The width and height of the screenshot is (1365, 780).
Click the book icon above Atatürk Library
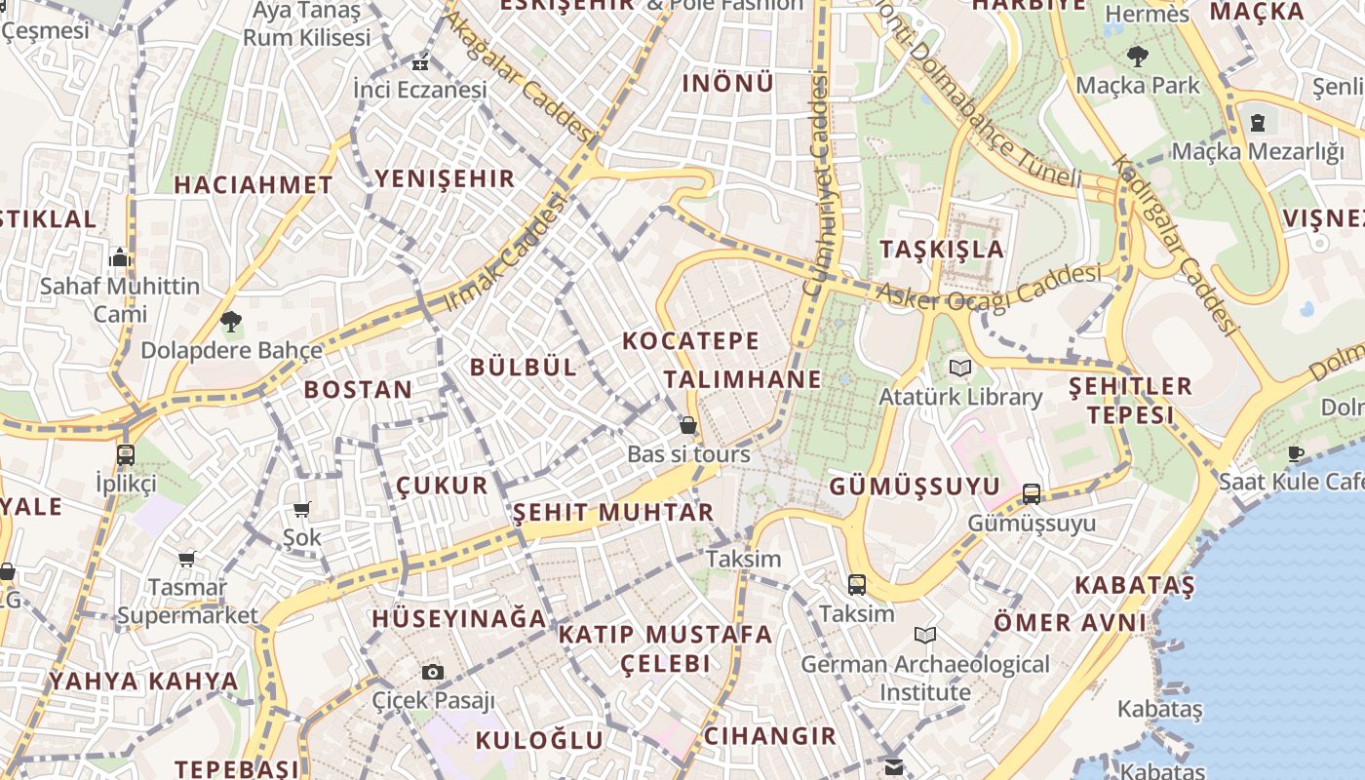click(x=960, y=369)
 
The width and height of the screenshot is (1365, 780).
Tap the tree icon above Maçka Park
click(x=1137, y=56)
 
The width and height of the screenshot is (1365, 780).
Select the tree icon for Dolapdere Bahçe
click(x=231, y=321)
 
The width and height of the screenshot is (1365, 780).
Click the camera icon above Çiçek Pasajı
click(x=433, y=672)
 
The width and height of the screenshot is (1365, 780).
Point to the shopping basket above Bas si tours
click(x=688, y=425)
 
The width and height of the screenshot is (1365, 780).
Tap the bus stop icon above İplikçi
click(x=126, y=454)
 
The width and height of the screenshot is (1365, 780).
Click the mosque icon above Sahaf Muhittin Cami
click(x=120, y=257)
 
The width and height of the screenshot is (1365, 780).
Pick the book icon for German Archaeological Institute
click(x=925, y=636)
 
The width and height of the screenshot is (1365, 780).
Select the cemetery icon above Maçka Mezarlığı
click(x=1258, y=123)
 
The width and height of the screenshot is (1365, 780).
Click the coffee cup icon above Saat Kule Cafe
click(x=1296, y=453)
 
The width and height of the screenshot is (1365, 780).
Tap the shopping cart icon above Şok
click(x=302, y=509)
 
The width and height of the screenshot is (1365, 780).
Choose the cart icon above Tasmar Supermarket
click(x=187, y=559)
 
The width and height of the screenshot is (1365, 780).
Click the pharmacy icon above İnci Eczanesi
click(x=420, y=63)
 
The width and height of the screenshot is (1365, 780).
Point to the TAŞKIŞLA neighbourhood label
click(x=942, y=249)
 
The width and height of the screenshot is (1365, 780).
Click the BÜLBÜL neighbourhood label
click(x=524, y=367)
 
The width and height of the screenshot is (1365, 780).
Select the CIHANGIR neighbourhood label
click(x=770, y=735)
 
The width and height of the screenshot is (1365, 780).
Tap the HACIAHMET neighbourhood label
click(x=253, y=184)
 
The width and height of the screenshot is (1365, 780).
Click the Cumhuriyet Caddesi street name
click(x=817, y=185)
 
